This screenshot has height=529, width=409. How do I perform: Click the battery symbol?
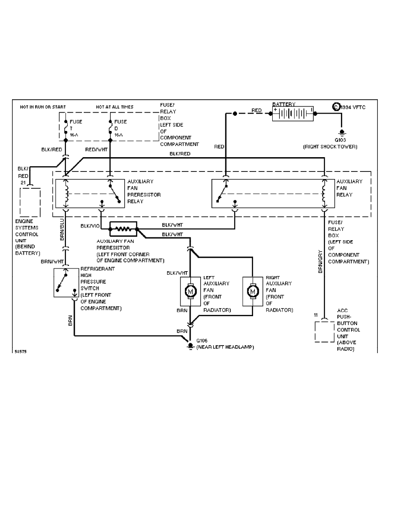292,113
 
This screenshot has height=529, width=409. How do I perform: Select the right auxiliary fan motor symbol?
254,291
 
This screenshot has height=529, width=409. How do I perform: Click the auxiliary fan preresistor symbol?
123,229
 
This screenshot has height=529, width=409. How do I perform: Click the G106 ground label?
202,340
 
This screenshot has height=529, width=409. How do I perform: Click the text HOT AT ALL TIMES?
115,107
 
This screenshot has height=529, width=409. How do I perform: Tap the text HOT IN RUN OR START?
43,107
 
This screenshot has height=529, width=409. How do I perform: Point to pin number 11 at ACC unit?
315,315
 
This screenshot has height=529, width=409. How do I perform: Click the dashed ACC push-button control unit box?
324,330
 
